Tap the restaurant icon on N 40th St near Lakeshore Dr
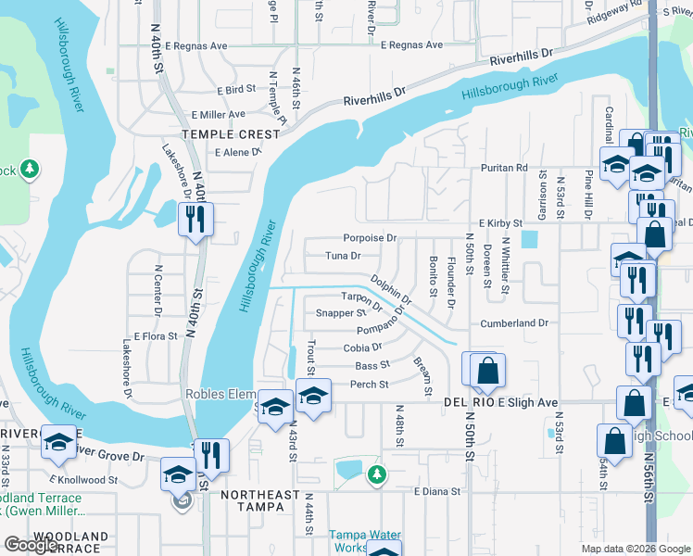[195, 219]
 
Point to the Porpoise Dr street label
[370, 238]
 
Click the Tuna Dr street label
[342, 256]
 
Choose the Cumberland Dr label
[514, 323]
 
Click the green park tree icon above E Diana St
[376, 474]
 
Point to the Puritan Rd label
[503, 168]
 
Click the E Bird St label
[236, 90]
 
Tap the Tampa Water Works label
[365, 541]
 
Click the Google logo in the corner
[31, 545]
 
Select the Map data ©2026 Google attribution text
[636, 549]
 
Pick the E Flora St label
[156, 335]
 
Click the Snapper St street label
[341, 313]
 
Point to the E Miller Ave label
[219, 114]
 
